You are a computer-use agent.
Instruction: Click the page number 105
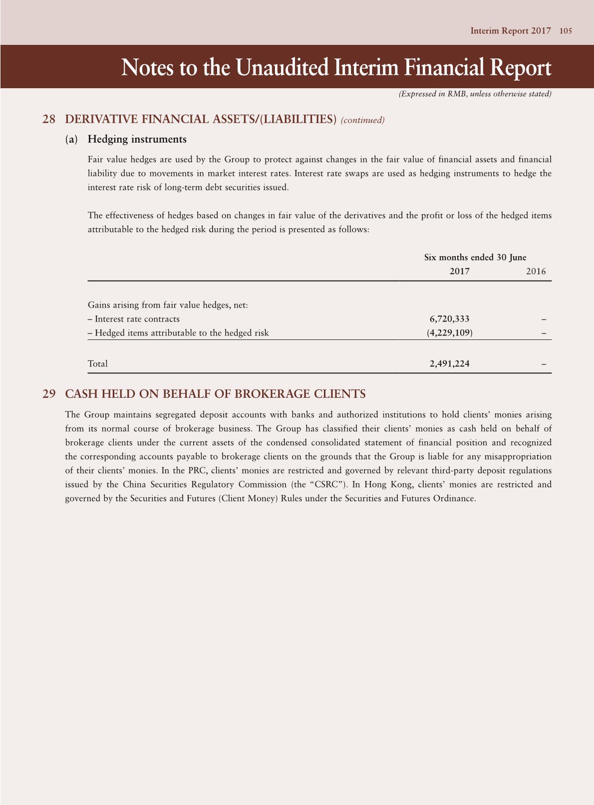pos(565,31)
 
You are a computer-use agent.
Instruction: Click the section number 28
pos(49,119)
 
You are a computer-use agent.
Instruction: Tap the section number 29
pos(49,394)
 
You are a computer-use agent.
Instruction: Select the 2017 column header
pos(459,272)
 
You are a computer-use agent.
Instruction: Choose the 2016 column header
pos(536,272)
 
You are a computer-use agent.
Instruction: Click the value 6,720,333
pos(449,319)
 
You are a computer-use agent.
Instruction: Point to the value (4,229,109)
pos(449,333)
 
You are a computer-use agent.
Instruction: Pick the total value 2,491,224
pos(449,364)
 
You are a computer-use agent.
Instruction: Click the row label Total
pos(98,364)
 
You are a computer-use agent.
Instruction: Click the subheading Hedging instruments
pos(137,140)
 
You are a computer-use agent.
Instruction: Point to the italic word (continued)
pos(362,120)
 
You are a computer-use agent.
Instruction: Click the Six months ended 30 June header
pos(475,258)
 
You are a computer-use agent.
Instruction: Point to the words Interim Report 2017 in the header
pos(511,31)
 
